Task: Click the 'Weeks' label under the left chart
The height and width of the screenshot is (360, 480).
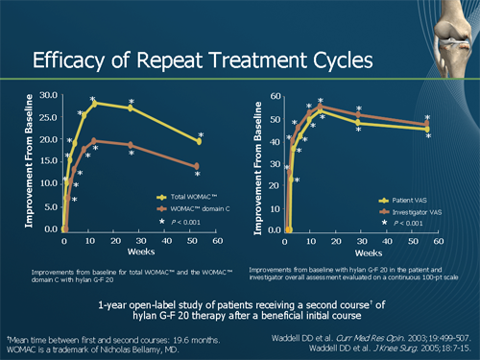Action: pos(139,251)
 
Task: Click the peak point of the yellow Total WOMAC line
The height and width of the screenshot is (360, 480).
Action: pos(94,103)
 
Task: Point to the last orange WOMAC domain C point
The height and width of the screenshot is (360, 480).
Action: pos(197,166)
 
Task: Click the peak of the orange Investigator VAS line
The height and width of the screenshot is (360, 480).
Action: pos(319,107)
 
